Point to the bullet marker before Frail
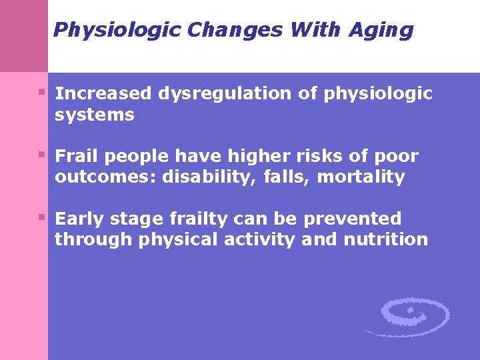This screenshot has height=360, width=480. (x=42, y=154)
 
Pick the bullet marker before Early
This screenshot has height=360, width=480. (x=42, y=216)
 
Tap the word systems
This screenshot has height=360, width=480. (x=94, y=115)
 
